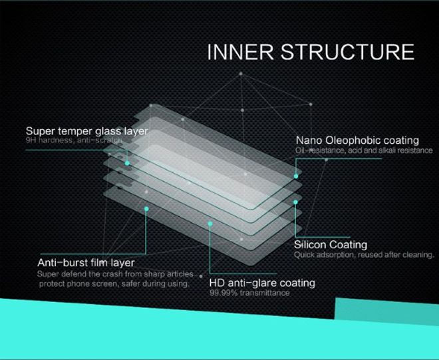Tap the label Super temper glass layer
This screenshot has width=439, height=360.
[86, 131]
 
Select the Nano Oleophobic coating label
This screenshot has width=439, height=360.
[357, 140]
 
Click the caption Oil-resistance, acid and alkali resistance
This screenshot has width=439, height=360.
[364, 150]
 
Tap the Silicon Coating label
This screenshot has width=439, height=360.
[331, 245]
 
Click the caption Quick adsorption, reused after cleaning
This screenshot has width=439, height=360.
[364, 255]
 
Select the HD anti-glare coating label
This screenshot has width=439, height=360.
[262, 283]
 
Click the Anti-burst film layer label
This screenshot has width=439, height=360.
[86, 263]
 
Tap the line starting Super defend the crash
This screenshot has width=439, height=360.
[115, 273]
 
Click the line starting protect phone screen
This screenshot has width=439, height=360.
[114, 283]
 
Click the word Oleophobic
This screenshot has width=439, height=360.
[350, 140]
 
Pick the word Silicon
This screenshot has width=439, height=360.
[311, 245]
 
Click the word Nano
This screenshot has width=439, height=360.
[309, 140]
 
